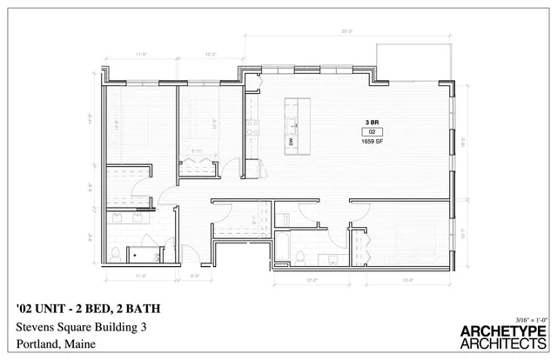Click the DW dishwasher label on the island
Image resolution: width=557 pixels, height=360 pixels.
(289, 141)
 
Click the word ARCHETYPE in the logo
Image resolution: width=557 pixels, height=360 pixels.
(502, 331)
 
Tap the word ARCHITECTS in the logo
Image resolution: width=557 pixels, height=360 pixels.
(502, 345)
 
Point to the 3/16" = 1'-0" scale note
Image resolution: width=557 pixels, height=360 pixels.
(530, 318)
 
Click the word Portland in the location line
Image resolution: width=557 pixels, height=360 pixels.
(37, 344)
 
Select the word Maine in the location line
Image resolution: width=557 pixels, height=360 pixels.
(79, 344)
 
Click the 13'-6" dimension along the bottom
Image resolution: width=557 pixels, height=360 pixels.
(406, 280)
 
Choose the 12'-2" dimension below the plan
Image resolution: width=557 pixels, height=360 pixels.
(312, 280)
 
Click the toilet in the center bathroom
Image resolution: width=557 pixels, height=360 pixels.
(300, 257)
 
